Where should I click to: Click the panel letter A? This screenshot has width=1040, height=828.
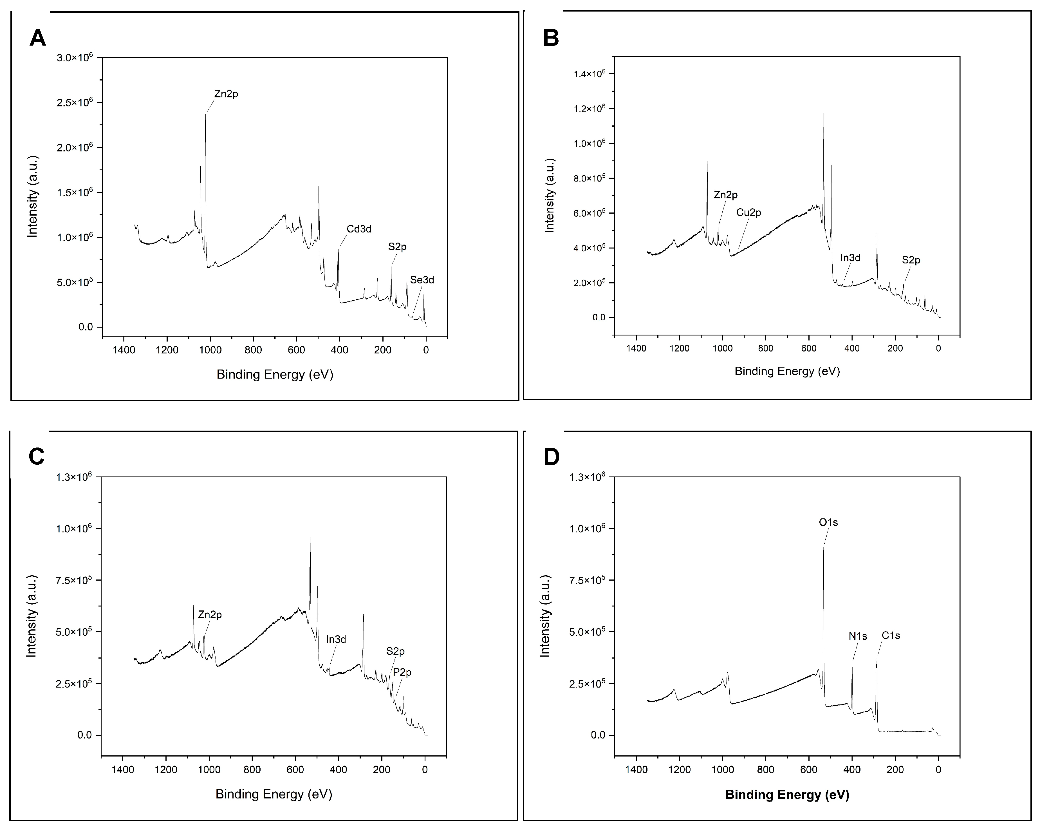(38, 38)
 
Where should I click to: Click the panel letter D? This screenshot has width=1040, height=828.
(551, 457)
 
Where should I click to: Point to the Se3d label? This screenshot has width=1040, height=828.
(422, 280)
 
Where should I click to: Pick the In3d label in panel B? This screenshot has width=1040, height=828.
(850, 258)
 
